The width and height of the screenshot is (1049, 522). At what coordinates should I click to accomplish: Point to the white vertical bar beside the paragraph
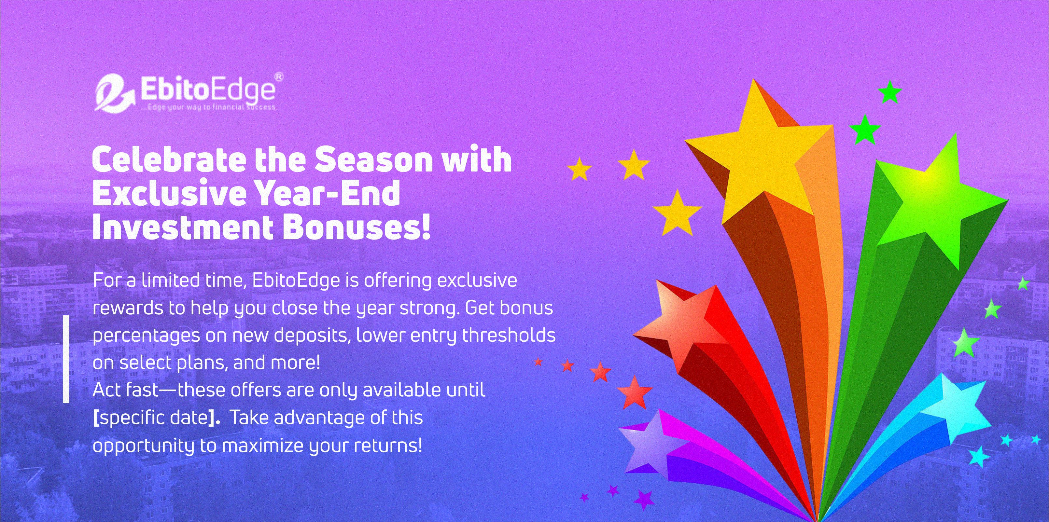[x=66, y=359]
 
